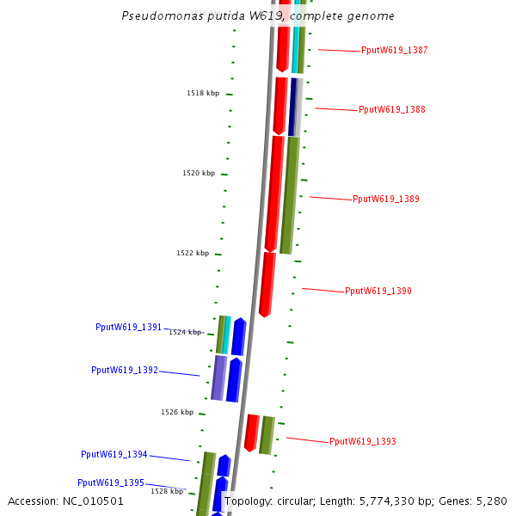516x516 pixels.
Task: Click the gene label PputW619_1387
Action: (x=394, y=51)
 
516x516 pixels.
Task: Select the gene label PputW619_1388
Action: (x=391, y=110)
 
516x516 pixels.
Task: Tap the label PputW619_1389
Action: (x=385, y=200)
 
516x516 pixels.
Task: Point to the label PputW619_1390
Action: (x=378, y=292)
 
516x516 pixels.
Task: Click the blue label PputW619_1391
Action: (x=128, y=328)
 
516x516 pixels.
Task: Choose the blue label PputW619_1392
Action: (x=125, y=371)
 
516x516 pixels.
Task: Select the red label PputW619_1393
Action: (x=362, y=442)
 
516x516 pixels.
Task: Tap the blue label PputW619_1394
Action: (x=114, y=455)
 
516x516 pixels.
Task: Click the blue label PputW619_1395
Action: (x=111, y=483)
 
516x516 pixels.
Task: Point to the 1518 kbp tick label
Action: (x=203, y=93)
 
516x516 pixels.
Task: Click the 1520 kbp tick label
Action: (x=199, y=174)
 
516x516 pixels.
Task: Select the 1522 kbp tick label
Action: (x=193, y=254)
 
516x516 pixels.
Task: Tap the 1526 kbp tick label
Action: (x=177, y=413)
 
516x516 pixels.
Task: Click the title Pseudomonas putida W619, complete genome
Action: (x=258, y=16)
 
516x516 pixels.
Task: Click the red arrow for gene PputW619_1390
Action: (x=267, y=284)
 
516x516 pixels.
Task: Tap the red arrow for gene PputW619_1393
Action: (x=251, y=433)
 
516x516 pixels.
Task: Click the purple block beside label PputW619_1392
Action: (x=219, y=378)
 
